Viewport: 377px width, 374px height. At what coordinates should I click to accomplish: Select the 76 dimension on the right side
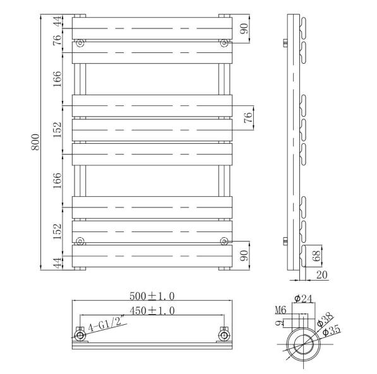pyautogui.click(x=248, y=117)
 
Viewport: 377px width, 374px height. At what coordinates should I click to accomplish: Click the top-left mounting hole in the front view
pyautogui.click(x=80, y=44)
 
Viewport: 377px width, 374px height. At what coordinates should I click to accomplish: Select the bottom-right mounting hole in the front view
pyautogui.click(x=224, y=240)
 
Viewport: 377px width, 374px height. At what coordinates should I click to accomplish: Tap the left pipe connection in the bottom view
pyautogui.click(x=80, y=336)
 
